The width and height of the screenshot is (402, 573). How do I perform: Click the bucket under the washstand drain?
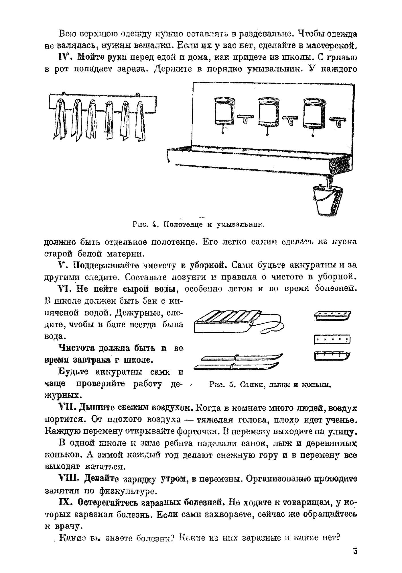pyautogui.click(x=328, y=200)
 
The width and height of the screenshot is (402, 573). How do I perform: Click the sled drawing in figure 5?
pyautogui.click(x=223, y=322)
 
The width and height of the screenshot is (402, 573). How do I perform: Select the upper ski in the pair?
pyautogui.click(x=241, y=357)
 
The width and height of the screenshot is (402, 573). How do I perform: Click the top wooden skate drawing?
pyautogui.click(x=332, y=315)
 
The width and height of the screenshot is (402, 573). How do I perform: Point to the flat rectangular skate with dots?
pyautogui.click(x=332, y=339)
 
